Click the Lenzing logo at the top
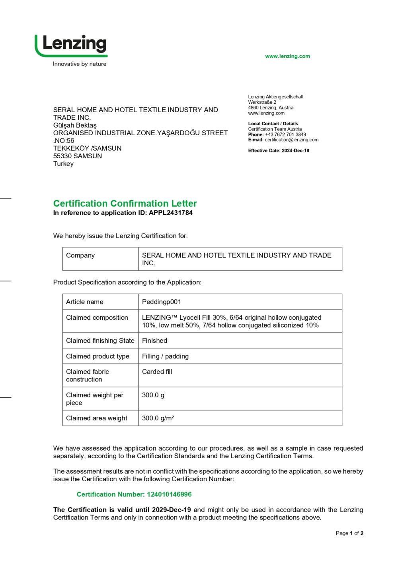(x=71, y=45)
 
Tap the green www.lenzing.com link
(x=287, y=56)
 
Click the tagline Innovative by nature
(x=80, y=64)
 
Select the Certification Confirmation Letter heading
(x=125, y=203)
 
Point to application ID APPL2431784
(x=171, y=213)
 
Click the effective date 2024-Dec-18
(x=295, y=151)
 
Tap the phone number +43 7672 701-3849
(x=285, y=134)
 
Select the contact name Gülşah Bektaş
(x=75, y=125)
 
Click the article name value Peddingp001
(x=162, y=302)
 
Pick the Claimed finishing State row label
(x=100, y=340)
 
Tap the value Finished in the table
(x=154, y=340)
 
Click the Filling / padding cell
(x=165, y=356)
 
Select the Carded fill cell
(x=157, y=371)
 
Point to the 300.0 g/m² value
(x=158, y=418)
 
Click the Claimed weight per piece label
(x=95, y=399)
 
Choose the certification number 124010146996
(x=169, y=494)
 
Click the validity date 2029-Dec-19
(x=172, y=509)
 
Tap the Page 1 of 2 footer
(x=349, y=533)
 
